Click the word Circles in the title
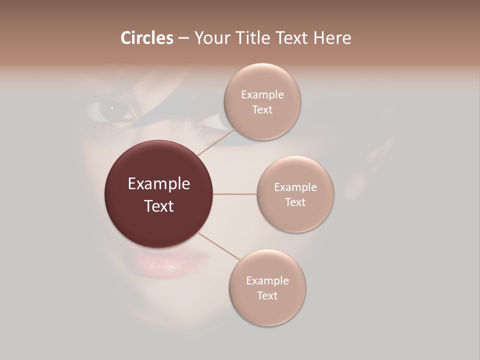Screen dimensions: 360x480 pos(147,38)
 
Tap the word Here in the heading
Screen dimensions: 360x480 pos(332,38)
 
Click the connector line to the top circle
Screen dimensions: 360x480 pos(216,142)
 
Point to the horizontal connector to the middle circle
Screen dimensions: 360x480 pos(235,194)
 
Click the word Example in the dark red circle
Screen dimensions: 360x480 pos(159,184)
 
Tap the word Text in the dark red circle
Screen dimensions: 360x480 pos(159,206)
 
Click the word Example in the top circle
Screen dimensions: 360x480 pos(262,94)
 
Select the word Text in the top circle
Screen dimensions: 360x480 pos(262,109)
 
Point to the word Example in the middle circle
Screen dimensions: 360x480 pos(295,187)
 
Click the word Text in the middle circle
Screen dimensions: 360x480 pos(295,202)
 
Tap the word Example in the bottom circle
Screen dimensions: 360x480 pos(267,280)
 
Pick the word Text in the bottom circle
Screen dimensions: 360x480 pos(267,295)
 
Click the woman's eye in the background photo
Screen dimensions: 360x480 pos(112,108)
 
